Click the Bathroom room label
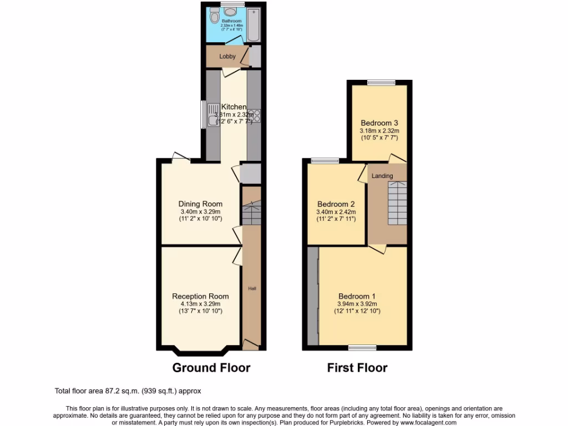(231, 21)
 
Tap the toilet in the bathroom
(214, 17)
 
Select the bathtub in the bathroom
(253, 25)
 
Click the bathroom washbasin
(232, 12)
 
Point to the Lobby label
(227, 57)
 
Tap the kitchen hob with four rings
(255, 115)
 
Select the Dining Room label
(200, 204)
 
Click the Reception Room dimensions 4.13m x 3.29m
(200, 303)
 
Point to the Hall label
(252, 288)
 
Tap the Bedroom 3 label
(379, 123)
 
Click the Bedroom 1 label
(357, 296)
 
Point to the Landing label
(382, 176)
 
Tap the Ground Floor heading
(211, 367)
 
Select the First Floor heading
(357, 367)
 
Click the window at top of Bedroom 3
(381, 83)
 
